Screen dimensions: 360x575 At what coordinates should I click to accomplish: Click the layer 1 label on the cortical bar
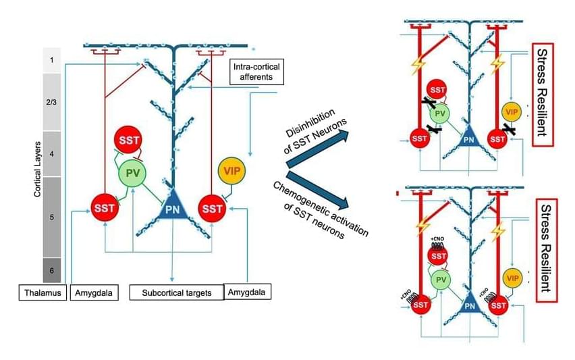click(52, 60)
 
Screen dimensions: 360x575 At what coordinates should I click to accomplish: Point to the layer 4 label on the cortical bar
click(52, 154)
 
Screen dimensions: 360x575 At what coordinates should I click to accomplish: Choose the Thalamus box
click(42, 292)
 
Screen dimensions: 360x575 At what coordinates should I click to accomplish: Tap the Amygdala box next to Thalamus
click(92, 292)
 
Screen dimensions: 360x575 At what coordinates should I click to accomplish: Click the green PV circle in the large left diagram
click(133, 174)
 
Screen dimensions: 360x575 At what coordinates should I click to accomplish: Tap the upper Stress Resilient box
click(543, 90)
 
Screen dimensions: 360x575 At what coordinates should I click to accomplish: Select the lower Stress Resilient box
click(543, 250)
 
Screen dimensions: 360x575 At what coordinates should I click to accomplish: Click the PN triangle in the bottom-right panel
click(470, 305)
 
